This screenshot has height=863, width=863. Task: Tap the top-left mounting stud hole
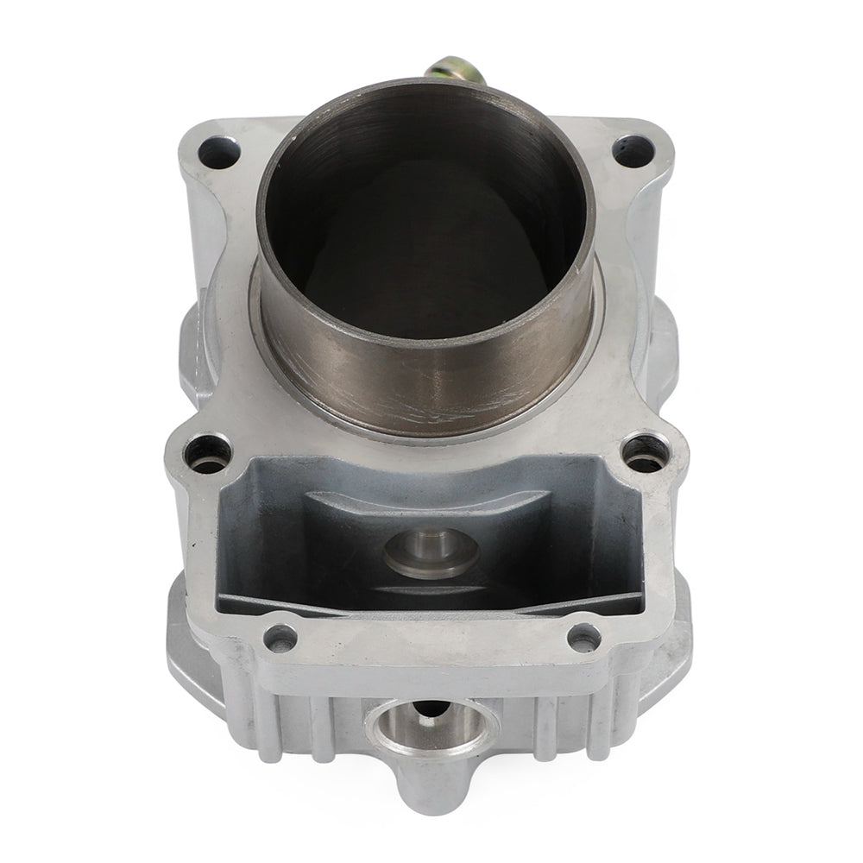(x=217, y=154)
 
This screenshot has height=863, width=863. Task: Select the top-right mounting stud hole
(x=633, y=151)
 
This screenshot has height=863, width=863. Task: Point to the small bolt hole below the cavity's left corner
(x=280, y=639)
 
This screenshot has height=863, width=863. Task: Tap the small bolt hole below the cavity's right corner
(x=585, y=637)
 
